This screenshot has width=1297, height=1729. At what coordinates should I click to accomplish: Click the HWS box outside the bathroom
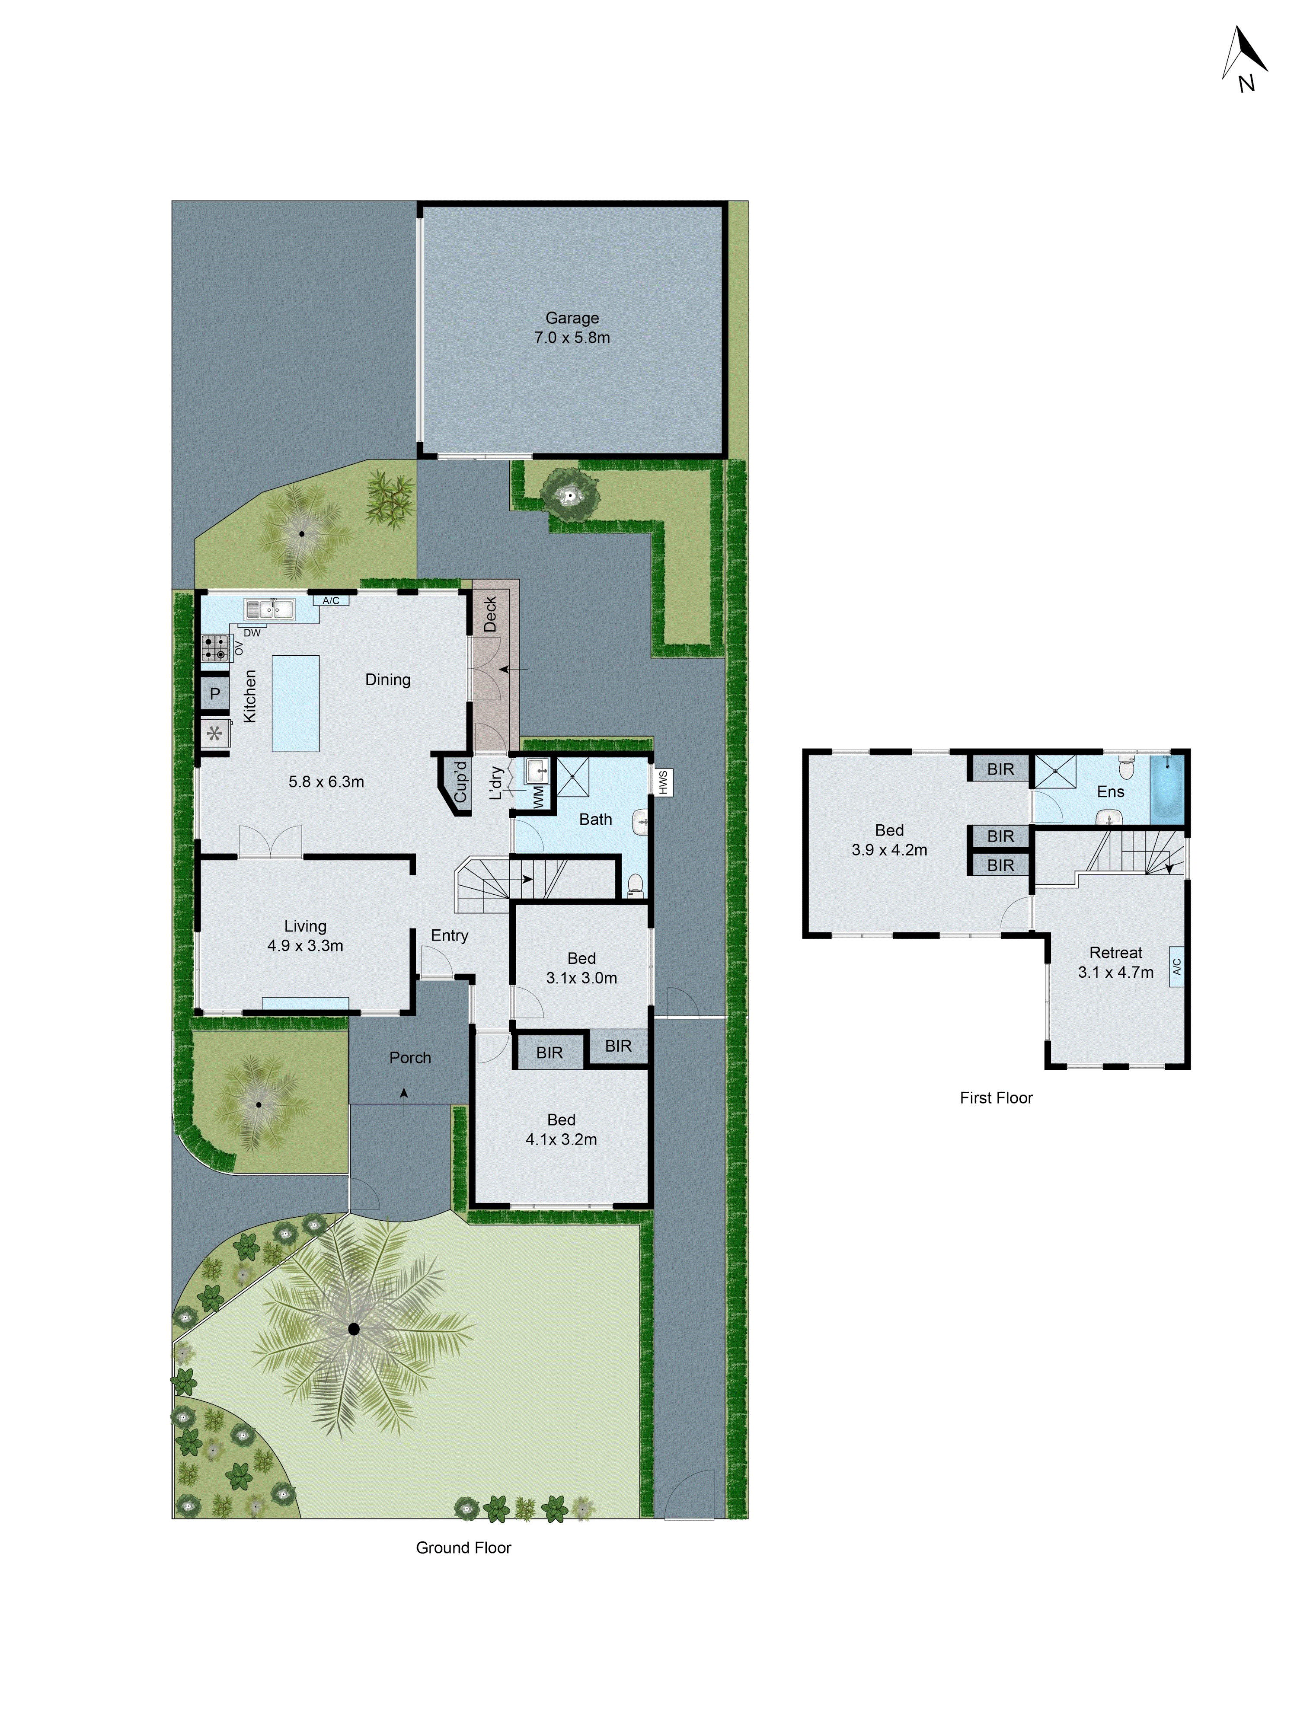pyautogui.click(x=663, y=782)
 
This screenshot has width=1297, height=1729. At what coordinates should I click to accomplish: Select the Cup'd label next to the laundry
pyautogui.click(x=460, y=782)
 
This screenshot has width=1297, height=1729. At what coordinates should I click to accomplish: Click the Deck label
pyautogui.click(x=490, y=614)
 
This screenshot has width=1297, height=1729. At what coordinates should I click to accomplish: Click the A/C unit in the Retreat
pyautogui.click(x=1176, y=967)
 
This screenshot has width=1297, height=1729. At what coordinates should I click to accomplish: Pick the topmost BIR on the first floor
pyautogui.click(x=1000, y=769)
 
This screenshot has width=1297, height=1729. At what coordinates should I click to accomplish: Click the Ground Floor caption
pyautogui.click(x=463, y=1547)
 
